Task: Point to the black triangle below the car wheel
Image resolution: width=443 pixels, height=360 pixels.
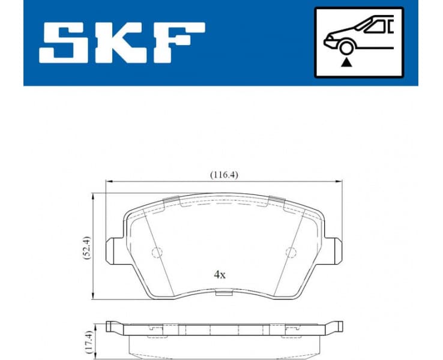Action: click(x=345, y=62)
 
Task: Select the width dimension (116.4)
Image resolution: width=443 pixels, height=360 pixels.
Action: click(x=224, y=175)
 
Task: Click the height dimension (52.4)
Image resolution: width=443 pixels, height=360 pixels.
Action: click(x=88, y=246)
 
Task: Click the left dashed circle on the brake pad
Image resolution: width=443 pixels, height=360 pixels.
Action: click(x=157, y=253)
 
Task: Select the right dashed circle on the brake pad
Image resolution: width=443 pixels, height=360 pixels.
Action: click(x=291, y=253)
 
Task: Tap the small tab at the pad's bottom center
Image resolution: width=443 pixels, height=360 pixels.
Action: click(x=223, y=293)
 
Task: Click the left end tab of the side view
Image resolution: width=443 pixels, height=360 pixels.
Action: click(x=111, y=328)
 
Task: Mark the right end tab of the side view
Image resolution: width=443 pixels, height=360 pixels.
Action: click(x=337, y=328)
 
